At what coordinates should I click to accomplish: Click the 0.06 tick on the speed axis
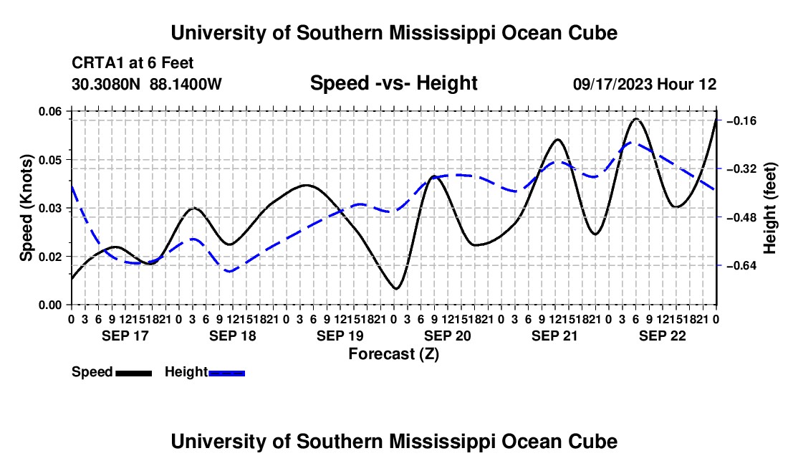[49, 111]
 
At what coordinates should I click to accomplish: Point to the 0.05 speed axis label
[49, 160]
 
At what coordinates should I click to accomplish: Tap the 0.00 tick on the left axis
[49, 305]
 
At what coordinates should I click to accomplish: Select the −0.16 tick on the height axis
[741, 120]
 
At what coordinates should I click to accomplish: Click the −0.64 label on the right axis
[741, 265]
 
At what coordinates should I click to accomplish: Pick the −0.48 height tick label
[741, 217]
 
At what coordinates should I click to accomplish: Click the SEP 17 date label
[125, 336]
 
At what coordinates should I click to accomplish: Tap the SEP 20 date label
[447, 336]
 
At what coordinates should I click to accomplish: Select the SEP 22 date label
[663, 336]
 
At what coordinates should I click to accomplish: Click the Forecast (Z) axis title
[394, 354]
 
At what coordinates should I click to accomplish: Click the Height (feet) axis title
[769, 208]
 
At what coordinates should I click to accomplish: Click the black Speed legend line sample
[134, 374]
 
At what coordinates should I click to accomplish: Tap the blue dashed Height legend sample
[226, 374]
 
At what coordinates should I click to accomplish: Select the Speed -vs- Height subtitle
[393, 83]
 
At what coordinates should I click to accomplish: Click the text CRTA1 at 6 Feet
[133, 63]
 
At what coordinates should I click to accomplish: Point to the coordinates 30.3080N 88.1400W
[146, 84]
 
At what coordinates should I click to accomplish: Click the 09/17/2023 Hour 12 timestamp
[645, 84]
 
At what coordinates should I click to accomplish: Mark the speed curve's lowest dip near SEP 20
[396, 288]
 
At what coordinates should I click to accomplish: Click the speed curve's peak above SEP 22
[636, 119]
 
